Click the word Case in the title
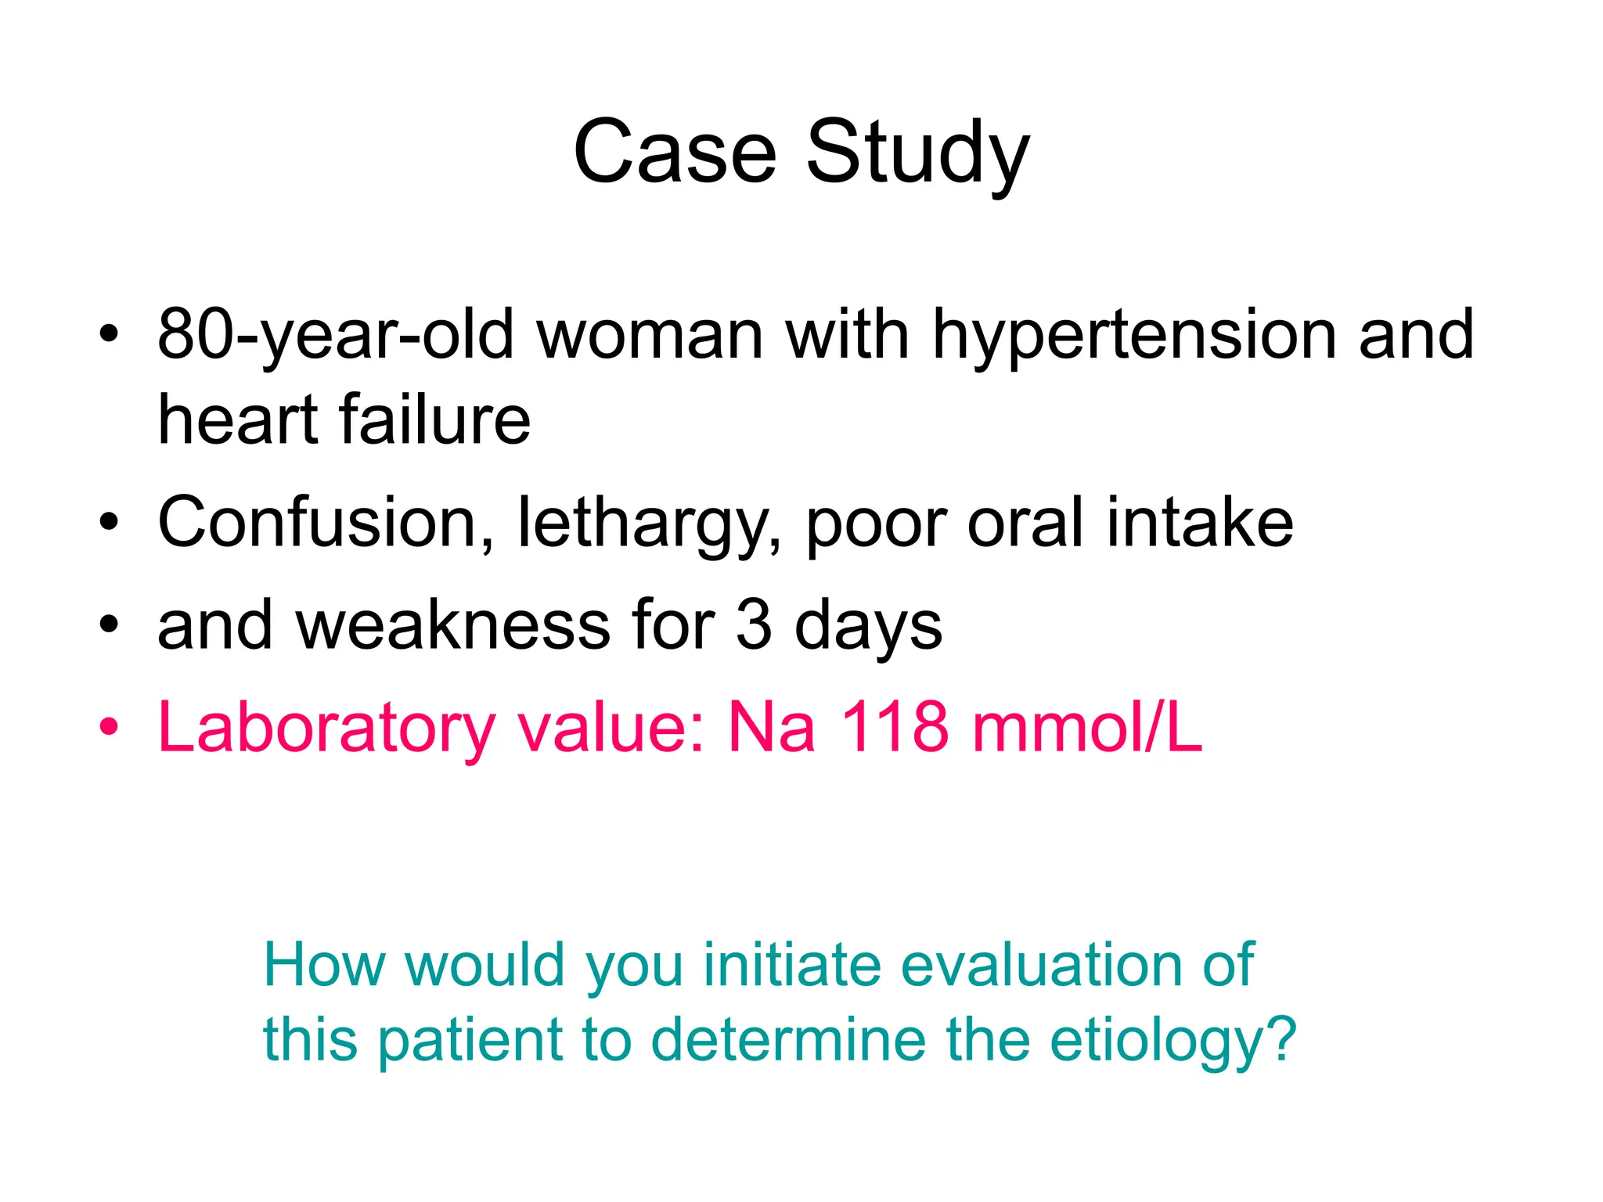pos(675,153)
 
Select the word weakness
pos(453,625)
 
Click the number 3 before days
pos(753,625)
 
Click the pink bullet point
pos(109,727)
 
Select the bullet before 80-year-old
pos(109,335)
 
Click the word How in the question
pos(323,965)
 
